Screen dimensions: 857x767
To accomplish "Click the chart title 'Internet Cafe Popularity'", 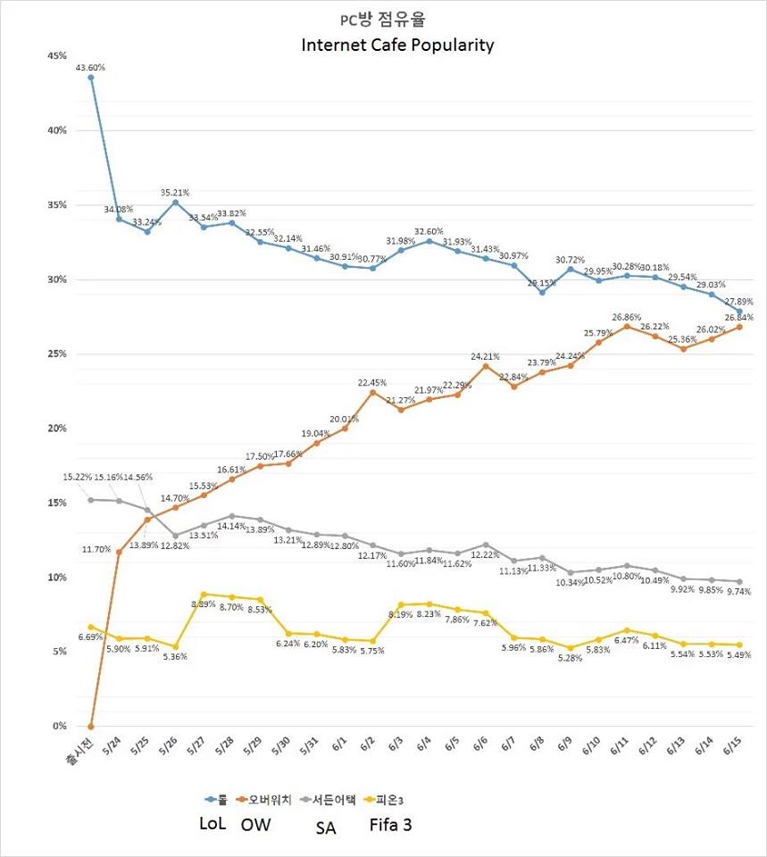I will pos(396,45).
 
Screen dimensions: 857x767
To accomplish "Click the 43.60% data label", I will pos(91,65).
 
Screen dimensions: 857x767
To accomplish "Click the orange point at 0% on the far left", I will pos(91,726).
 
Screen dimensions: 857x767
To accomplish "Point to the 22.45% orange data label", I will pos(372,382).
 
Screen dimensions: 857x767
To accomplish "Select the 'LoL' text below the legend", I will pos(212,824).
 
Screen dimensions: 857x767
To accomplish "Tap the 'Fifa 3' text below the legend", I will pos(390,825).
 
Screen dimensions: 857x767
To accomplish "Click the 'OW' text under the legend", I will pos(255,825).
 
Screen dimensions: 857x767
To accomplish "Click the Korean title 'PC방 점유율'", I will pos(397,20).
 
